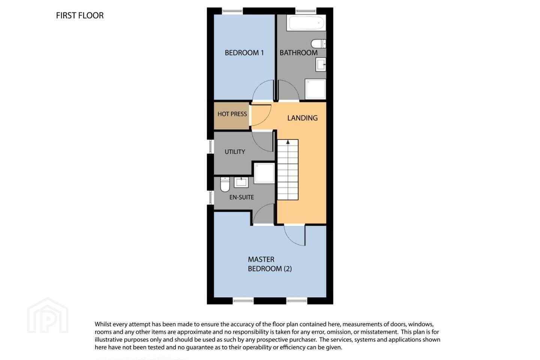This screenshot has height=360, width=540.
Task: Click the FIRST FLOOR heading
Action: click(80, 15)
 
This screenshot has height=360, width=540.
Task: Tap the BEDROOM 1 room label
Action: click(244, 52)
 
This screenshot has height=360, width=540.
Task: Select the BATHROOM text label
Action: click(298, 52)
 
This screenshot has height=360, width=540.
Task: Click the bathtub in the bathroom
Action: click(306, 23)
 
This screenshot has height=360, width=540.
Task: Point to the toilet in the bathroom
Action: click(318, 43)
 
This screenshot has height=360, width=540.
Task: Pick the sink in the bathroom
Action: click(321, 64)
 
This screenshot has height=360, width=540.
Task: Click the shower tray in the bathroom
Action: click(315, 89)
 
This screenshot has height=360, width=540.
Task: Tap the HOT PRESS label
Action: click(232, 114)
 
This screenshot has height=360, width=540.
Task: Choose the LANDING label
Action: click(302, 118)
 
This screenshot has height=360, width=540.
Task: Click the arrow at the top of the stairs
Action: click(288, 142)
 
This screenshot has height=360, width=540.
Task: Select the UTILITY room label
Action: click(235, 151)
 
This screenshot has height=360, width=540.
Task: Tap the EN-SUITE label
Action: click(241, 197)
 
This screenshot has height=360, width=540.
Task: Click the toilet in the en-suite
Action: click(225, 184)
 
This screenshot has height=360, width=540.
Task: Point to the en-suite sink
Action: click(241, 182)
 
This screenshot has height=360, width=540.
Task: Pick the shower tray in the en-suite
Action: click(264, 173)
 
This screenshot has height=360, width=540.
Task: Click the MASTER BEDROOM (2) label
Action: click(270, 264)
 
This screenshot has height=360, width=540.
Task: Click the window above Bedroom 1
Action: click(232, 11)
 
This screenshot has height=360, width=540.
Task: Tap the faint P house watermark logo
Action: click(48, 316)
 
